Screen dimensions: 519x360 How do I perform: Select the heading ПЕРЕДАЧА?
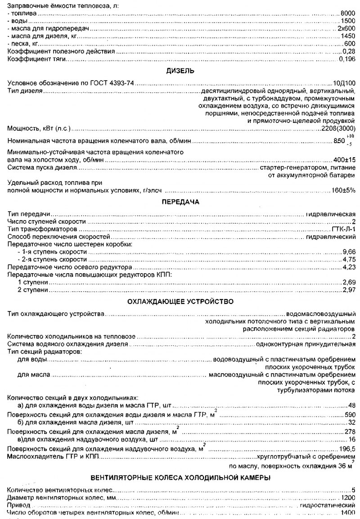181,202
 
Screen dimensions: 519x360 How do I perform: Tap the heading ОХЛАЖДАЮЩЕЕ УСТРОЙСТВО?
181,301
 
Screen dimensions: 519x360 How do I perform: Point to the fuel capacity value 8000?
348,14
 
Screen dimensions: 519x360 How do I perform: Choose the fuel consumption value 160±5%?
342,190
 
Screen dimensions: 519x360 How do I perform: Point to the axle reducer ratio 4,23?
349,267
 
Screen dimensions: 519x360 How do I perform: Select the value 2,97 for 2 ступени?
349,290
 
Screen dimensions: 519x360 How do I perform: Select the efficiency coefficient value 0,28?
349,51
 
